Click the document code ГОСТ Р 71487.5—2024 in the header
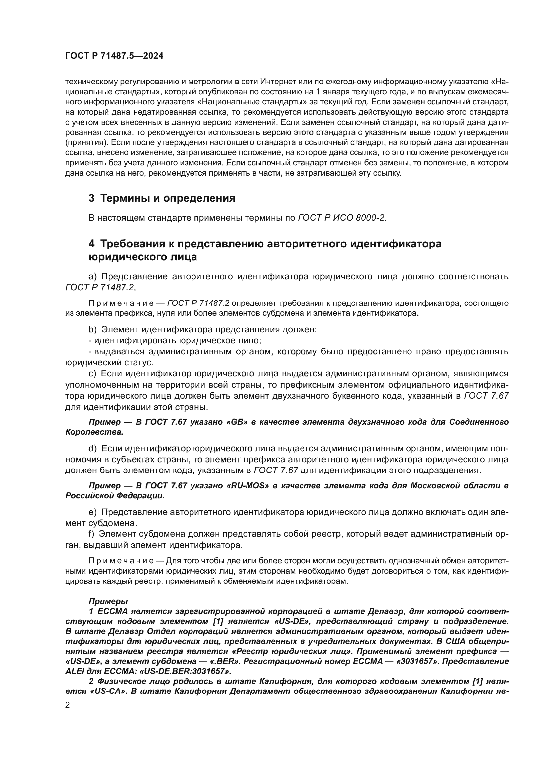tap(114, 56)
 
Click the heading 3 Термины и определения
tap(162, 198)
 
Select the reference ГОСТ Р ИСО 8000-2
tap(341, 218)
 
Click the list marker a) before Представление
tap(92, 277)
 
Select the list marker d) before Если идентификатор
tap(92, 449)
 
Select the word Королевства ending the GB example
tap(94, 432)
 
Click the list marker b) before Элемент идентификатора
tap(92, 329)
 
